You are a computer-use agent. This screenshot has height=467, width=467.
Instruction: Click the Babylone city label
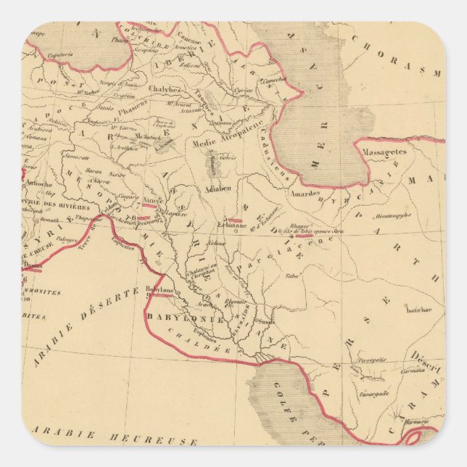coord(159,289)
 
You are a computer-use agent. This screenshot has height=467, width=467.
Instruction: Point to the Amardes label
coord(305,194)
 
